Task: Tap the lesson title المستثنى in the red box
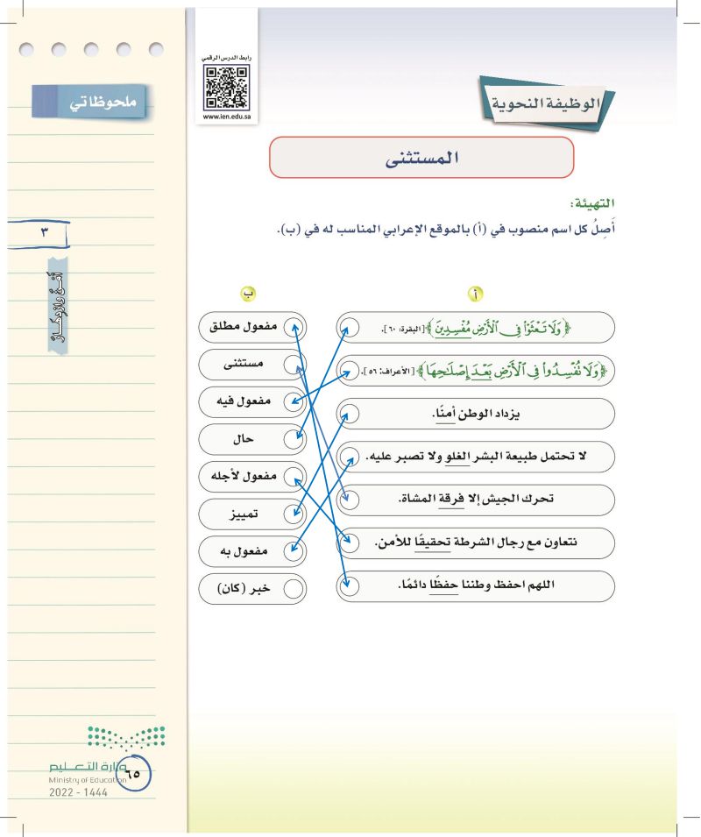pyautogui.click(x=421, y=160)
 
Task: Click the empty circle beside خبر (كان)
pyautogui.click(x=294, y=589)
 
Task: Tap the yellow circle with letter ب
pyautogui.click(x=250, y=294)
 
